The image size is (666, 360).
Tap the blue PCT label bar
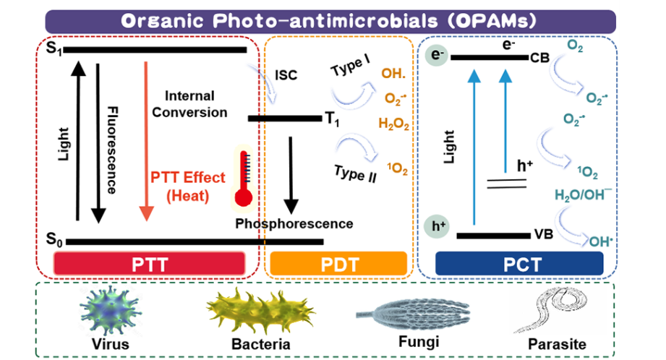point(519,264)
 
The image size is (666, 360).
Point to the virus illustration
point(108,308)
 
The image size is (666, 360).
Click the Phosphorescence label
point(294,223)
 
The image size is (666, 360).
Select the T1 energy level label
point(333,120)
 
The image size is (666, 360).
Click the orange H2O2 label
point(394,124)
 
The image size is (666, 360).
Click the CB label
point(540,57)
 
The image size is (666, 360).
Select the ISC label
point(286,74)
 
